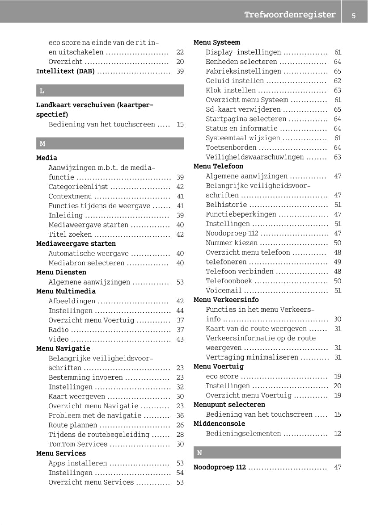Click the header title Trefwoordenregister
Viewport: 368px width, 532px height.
pos(290,15)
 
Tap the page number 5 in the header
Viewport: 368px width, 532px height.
pos(354,16)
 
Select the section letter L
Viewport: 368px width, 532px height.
pos(42,91)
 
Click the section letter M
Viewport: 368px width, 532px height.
pos(42,144)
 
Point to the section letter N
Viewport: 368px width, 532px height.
pos(199,452)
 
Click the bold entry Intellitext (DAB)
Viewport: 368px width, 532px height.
pos(65,71)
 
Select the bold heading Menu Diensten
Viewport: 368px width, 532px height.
pos(61,272)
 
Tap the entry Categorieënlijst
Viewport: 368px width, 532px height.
pos(78,187)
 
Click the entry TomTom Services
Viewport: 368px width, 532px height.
pos(78,444)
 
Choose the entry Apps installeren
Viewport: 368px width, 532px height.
pos(78,463)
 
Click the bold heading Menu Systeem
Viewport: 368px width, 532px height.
pos(217,42)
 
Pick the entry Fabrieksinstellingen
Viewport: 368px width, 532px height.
pos(244,71)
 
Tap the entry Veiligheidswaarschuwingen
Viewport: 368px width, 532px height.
pos(254,157)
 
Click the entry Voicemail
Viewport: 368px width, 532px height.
pos(224,290)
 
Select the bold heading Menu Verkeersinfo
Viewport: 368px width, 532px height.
pos(226,300)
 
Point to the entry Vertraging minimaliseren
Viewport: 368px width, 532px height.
pos(252,357)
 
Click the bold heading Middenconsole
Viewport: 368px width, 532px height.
pos(220,423)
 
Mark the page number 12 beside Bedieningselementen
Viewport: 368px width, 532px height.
pos(338,433)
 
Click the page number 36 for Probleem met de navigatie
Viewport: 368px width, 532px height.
pos(180,415)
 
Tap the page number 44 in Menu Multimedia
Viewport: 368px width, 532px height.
pos(180,310)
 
